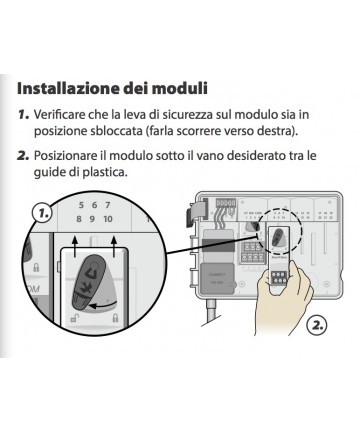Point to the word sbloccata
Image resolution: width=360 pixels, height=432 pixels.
click(116, 131)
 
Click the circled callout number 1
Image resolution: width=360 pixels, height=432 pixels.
click(43, 212)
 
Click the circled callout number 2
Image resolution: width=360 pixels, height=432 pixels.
click(316, 324)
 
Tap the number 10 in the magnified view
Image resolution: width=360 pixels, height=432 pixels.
click(108, 219)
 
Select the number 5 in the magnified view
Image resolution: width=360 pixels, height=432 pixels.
click(81, 205)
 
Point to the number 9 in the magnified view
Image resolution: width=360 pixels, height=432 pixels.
click(92, 219)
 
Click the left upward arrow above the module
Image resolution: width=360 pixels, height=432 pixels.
click(75, 246)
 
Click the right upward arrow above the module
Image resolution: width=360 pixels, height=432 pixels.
click(114, 246)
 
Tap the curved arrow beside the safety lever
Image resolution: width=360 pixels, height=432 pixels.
click(105, 305)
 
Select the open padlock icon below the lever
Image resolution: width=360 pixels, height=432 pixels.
click(73, 318)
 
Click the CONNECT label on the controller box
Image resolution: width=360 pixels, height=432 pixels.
click(217, 275)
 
